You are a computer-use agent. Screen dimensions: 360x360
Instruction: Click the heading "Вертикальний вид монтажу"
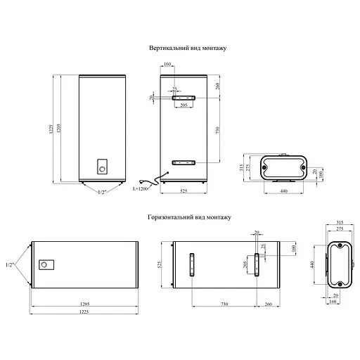tap(188, 48)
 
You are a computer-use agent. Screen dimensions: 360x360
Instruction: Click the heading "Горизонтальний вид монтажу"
tap(189, 217)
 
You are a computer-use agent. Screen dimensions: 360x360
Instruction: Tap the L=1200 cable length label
tap(140, 188)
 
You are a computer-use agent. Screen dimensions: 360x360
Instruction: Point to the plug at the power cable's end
tap(141, 181)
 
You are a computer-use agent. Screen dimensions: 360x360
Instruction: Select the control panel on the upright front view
tap(103, 167)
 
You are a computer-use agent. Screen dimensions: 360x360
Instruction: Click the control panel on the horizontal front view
tap(46, 265)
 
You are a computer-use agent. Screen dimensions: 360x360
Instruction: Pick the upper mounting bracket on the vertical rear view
tap(184, 98)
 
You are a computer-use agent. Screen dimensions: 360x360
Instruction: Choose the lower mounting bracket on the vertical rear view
tap(184, 162)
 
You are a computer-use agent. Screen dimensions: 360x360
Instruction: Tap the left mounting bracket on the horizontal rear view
tap(192, 265)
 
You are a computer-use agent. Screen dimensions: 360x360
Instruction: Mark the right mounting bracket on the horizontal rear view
tap(257, 265)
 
